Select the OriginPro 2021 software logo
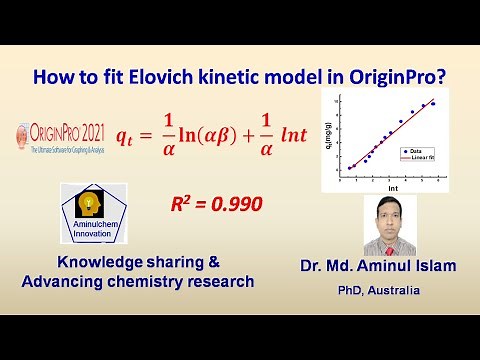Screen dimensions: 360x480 [x=60, y=136]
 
